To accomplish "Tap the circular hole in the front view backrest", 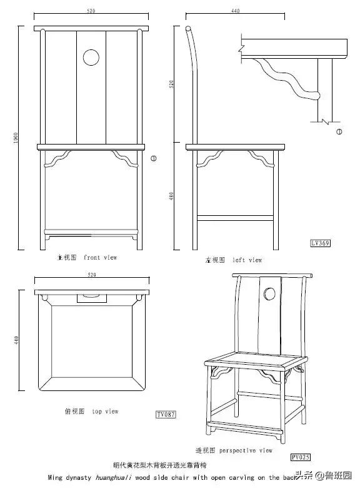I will [91, 58].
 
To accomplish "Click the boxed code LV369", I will [320, 243].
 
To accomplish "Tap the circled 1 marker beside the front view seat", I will [154, 158].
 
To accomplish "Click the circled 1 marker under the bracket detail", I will [339, 131].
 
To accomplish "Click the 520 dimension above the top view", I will [91, 275].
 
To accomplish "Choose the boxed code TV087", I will [166, 414].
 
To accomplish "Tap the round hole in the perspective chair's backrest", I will [269, 293].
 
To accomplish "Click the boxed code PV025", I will [301, 457].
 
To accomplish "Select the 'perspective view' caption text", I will [234, 450].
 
